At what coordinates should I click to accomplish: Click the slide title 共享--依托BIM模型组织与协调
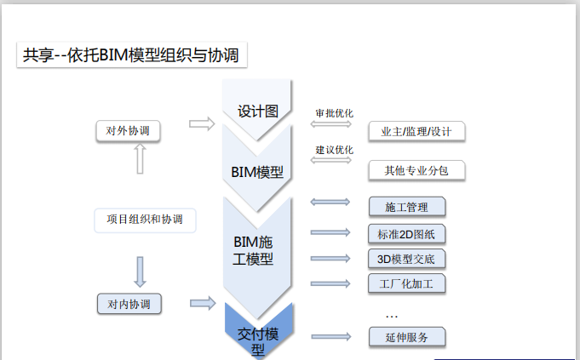[x=132, y=56]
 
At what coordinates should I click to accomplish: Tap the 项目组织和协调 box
[x=145, y=220]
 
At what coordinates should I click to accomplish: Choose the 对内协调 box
[x=129, y=303]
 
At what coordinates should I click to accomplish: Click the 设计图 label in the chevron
[x=258, y=112]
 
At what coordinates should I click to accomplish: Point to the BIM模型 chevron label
[x=257, y=171]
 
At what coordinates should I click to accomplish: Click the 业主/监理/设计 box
[x=417, y=131]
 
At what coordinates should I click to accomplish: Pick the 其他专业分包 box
[x=417, y=170]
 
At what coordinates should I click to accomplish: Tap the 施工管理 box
[x=406, y=207]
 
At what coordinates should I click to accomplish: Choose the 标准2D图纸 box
[x=406, y=234]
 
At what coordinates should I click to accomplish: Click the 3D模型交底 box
[x=406, y=259]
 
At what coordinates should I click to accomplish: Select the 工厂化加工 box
[x=406, y=283]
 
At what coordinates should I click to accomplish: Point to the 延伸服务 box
[x=406, y=337]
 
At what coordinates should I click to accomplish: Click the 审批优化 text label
[x=334, y=112]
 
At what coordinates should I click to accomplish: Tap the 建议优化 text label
[x=334, y=150]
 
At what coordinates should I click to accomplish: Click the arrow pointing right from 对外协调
[x=201, y=124]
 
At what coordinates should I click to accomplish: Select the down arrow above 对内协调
[x=140, y=271]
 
